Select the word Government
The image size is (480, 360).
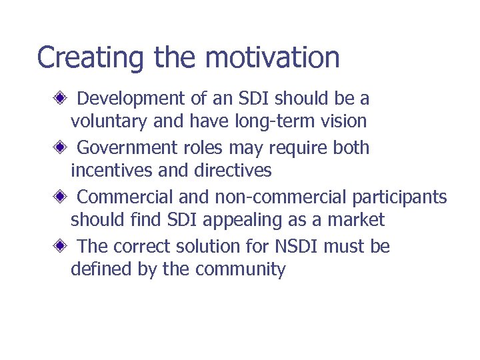click(127, 147)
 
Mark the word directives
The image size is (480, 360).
click(233, 171)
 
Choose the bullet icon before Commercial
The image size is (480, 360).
click(60, 197)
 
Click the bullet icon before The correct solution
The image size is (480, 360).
click(60, 246)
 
